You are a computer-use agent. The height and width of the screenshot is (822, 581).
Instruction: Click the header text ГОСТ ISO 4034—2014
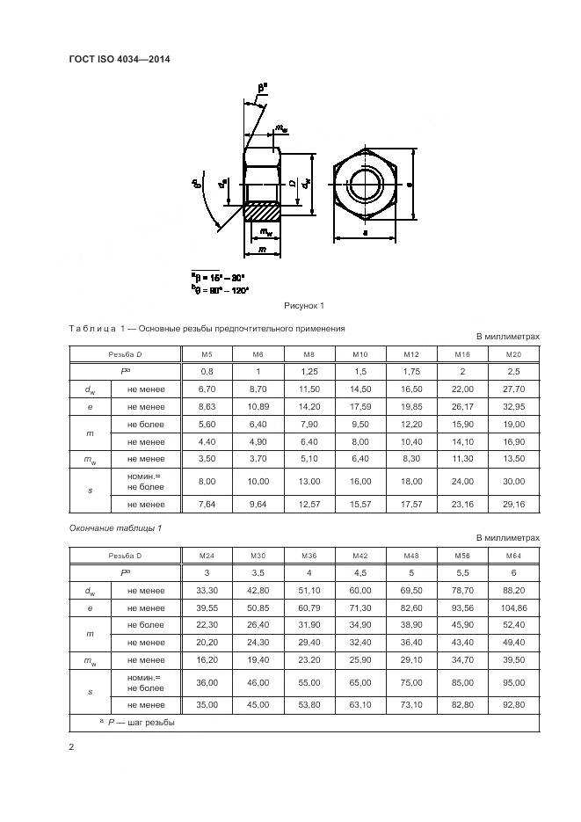(x=119, y=60)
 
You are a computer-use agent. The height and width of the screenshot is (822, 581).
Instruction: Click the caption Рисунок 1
(x=304, y=305)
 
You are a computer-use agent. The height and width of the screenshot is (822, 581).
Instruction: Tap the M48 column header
(x=410, y=556)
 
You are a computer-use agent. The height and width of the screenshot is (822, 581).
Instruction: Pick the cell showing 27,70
(x=513, y=389)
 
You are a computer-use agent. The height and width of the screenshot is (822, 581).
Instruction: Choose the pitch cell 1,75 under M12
(x=410, y=371)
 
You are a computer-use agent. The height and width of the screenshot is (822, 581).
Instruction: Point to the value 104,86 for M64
(x=513, y=608)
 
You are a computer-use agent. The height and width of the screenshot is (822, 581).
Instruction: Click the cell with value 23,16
(x=462, y=504)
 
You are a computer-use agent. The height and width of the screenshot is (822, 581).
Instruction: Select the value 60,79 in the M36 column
(x=309, y=608)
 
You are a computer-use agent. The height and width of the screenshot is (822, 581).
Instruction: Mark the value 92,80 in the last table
(x=513, y=705)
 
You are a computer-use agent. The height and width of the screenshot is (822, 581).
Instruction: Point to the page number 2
(x=71, y=747)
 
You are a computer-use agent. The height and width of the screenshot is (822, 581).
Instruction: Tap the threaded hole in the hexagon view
(x=365, y=185)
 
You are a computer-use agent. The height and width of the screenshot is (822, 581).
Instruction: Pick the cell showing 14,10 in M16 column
(x=462, y=442)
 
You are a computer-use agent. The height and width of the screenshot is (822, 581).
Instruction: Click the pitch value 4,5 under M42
(x=359, y=573)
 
